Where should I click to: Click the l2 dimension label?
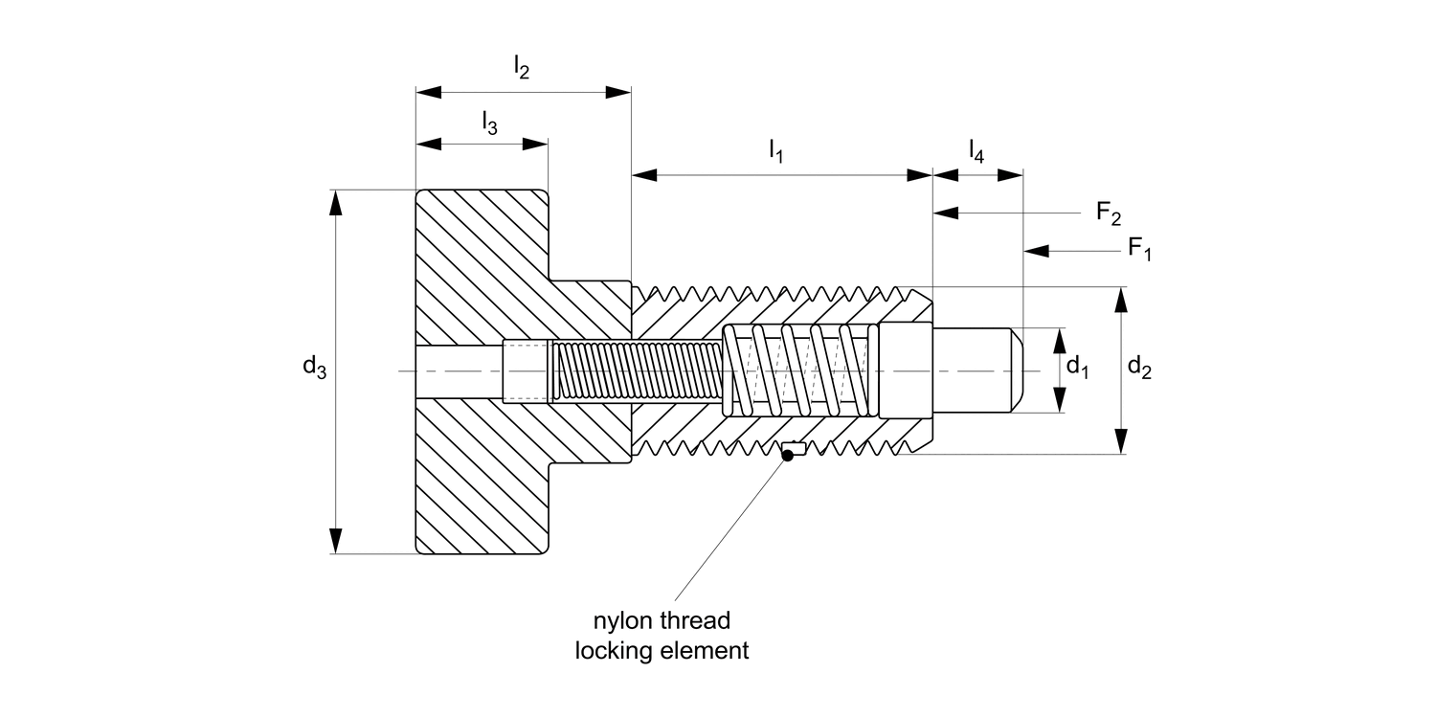pos(522,67)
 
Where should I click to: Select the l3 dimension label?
pos(489,123)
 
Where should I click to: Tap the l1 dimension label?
pos(775,151)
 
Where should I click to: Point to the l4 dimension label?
pos(976,150)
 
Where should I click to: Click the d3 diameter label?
pos(314,367)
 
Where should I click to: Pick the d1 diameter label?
pos(1078,366)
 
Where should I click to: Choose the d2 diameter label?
pos(1139,366)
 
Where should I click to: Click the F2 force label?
pos(1109,213)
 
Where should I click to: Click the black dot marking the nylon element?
pos(787,456)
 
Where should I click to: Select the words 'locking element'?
pos(661,652)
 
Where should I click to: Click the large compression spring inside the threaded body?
pos(799,370)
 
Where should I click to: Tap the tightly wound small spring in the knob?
pos(637,370)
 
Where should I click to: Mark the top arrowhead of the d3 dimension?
pos(334,202)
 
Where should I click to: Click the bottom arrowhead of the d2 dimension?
pos(1121,442)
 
